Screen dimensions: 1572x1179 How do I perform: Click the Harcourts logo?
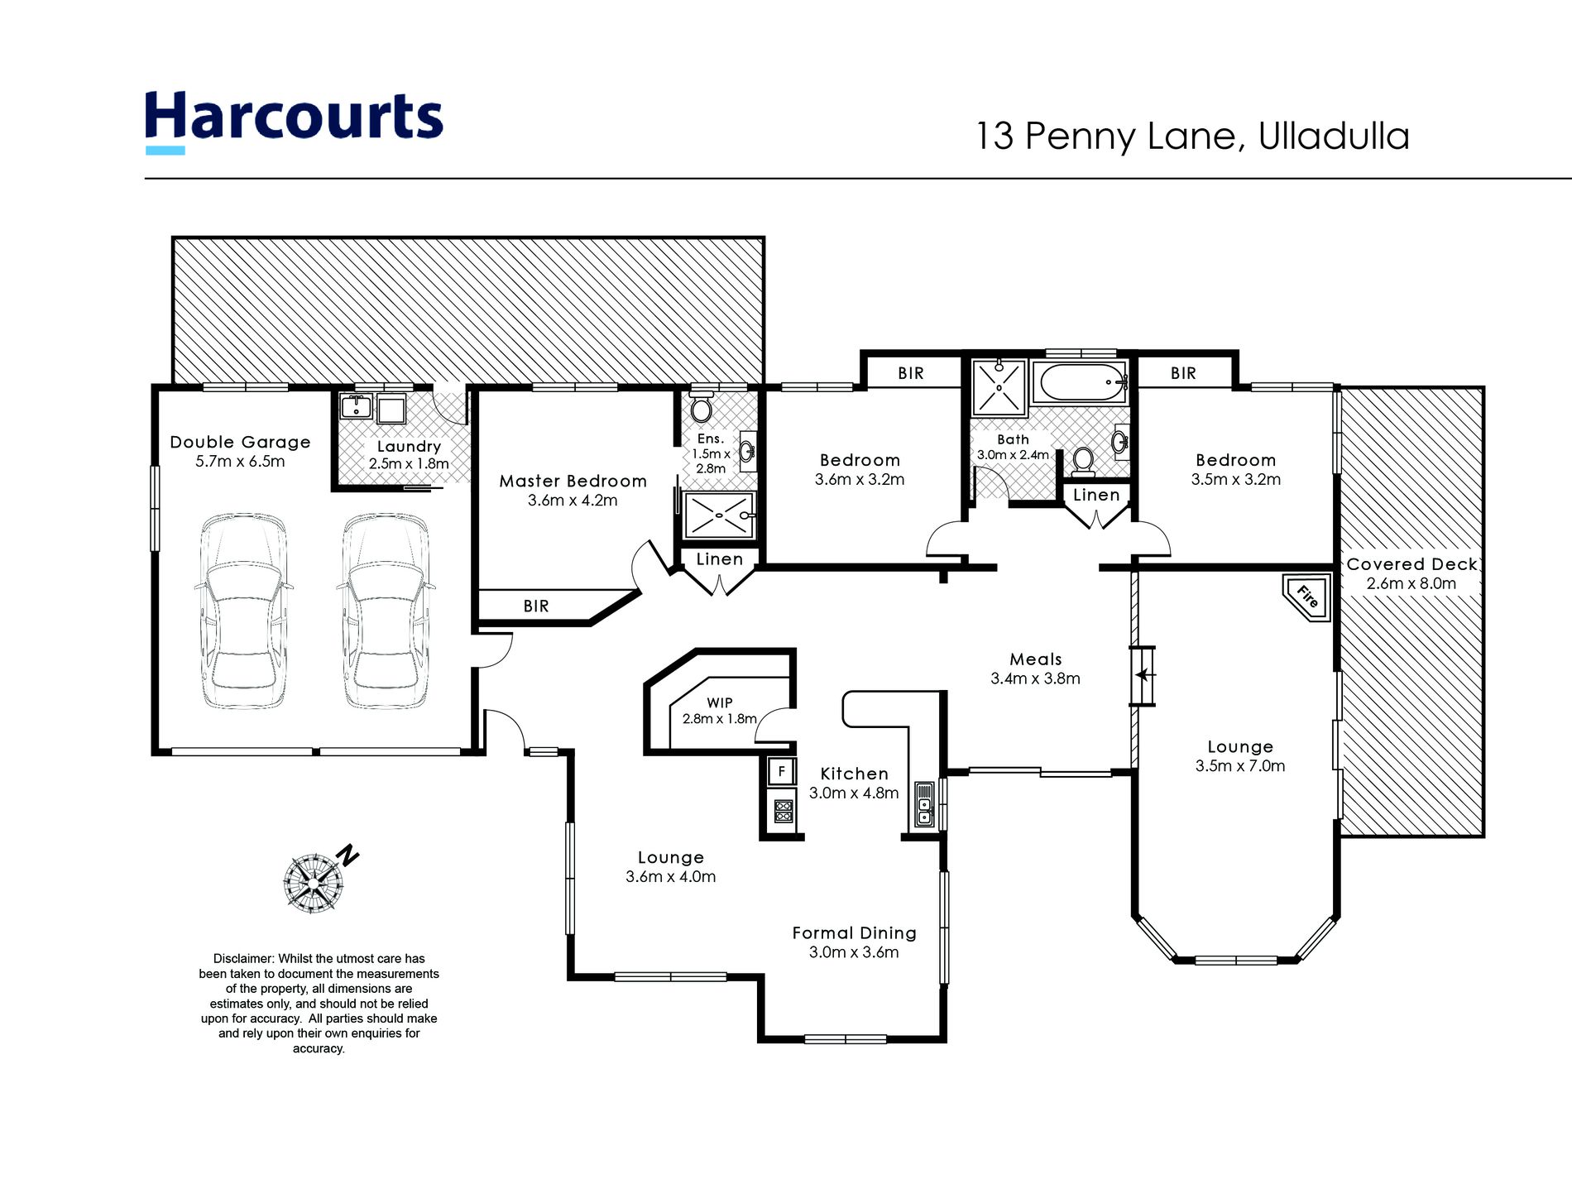pos(294,121)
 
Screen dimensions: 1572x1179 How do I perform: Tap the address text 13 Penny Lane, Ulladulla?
pos(1193,137)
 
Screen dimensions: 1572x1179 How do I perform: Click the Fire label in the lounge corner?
pos(1307,597)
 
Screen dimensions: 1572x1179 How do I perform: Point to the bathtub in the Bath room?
pos(1079,383)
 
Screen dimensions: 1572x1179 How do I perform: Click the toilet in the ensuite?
pos(702,405)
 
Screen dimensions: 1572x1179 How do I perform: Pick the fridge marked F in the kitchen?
pos(781,772)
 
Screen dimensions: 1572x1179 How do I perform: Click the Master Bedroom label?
pos(573,482)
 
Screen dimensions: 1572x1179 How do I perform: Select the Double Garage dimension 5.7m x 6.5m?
pos(240,462)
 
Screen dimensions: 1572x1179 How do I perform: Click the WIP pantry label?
pos(720,702)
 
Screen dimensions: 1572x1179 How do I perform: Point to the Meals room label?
pos(1035,659)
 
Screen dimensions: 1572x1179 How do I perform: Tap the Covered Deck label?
pos(1411,564)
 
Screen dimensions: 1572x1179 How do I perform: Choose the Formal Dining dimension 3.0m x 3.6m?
pos(854,952)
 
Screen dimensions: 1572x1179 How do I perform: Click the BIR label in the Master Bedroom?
pos(536,606)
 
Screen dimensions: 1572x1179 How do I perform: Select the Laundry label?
pos(409,447)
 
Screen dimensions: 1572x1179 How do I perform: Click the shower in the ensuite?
pos(718,515)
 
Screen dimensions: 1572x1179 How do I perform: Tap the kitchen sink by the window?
pos(924,805)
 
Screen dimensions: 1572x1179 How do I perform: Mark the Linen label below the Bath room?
pos(1096,495)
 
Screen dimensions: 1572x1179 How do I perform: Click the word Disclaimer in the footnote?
pos(242,959)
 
